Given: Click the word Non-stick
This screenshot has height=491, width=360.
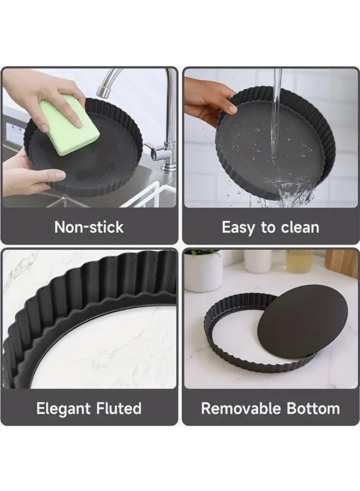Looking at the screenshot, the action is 89,227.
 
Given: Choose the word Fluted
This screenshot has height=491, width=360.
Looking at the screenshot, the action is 119,408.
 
